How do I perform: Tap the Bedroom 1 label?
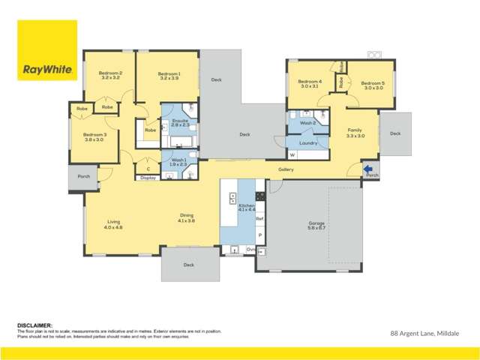(x=169, y=75)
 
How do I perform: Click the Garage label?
(x=316, y=225)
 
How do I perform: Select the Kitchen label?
(x=247, y=207)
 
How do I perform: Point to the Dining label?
(x=186, y=217)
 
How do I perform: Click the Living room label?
(x=114, y=223)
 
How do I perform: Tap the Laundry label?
(x=308, y=142)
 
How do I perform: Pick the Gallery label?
(x=286, y=169)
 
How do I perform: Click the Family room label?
(x=355, y=132)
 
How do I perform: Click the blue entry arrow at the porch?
(x=368, y=170)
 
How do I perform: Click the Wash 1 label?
(x=178, y=161)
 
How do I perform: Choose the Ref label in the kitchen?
(x=259, y=218)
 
